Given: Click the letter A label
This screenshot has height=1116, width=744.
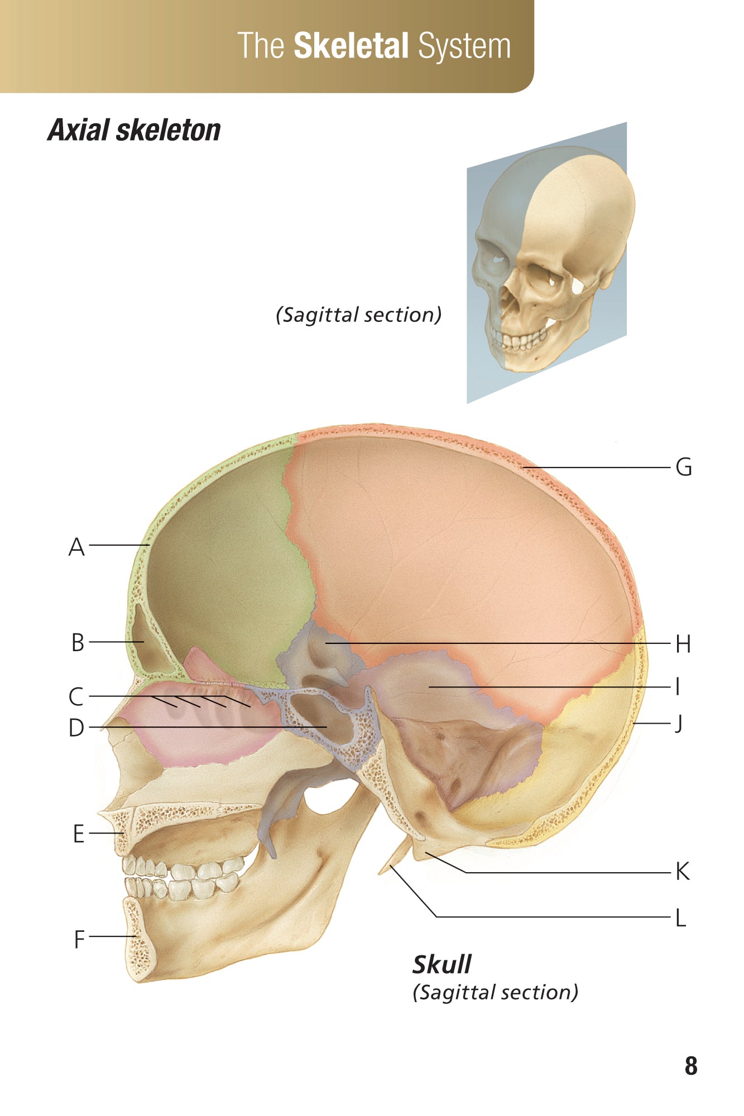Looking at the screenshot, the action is click(x=77, y=547).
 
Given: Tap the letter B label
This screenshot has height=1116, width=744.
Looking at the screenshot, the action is click(x=78, y=643).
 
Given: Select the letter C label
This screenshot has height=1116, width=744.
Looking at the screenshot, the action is click(x=76, y=697).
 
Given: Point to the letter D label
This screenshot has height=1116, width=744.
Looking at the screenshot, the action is click(x=76, y=728).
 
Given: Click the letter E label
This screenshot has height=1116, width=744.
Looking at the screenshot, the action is click(x=79, y=834).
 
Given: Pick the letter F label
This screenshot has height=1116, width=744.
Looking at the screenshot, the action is click(x=79, y=939).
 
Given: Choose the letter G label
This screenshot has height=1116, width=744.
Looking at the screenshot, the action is click(x=684, y=467).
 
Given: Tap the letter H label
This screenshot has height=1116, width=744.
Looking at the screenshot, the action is click(x=683, y=644).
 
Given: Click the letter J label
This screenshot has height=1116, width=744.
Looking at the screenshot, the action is click(x=679, y=724).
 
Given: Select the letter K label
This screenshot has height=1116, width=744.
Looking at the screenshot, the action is click(x=683, y=871).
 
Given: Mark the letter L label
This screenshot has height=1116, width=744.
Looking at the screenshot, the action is click(x=680, y=917).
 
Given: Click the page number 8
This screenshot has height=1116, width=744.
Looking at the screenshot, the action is click(x=691, y=1066).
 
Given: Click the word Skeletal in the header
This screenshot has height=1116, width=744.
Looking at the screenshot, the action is click(x=351, y=46).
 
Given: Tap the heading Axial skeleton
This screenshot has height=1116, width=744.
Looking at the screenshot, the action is click(x=134, y=130).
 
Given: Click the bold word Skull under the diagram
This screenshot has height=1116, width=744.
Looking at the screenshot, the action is click(x=442, y=964).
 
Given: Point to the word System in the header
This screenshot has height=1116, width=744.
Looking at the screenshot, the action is click(x=464, y=47).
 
